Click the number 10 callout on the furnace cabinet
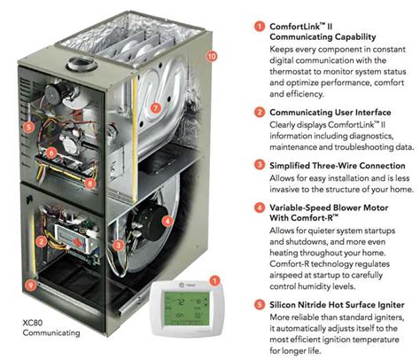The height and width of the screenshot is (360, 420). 211,56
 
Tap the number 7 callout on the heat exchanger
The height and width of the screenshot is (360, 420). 155,108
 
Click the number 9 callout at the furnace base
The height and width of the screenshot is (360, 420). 33,286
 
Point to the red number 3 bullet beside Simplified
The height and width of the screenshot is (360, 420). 258,165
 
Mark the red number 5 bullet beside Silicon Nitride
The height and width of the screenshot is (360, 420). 258,301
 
